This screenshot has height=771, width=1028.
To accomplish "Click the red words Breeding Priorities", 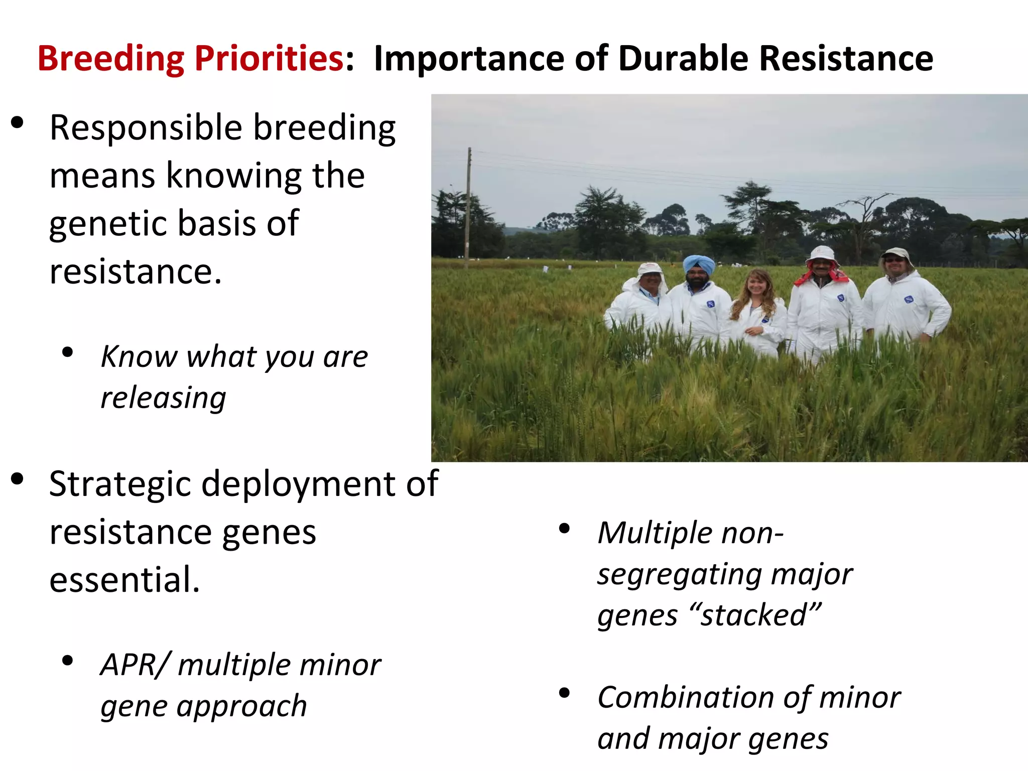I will pos(191,59).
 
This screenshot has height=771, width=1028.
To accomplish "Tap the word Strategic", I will pos(120,484).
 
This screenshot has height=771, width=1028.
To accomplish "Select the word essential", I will pos(123,580).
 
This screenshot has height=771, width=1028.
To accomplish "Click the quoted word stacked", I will pos(760,615).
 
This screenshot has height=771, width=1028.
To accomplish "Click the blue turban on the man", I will pos(699,264).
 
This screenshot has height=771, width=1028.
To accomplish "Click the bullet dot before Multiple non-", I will pos(564,528).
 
